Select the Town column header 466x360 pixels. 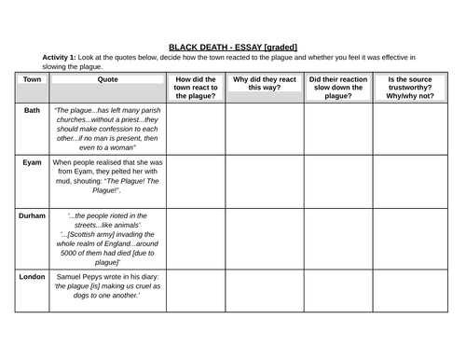tap(31, 80)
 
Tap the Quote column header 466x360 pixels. tap(108, 80)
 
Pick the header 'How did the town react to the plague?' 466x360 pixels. tap(196, 88)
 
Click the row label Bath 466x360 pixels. tap(31, 110)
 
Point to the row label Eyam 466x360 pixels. tap(31, 162)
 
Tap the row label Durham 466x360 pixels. tap(31, 215)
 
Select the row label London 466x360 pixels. tap(31, 277)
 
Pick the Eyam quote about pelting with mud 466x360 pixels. tap(108, 175)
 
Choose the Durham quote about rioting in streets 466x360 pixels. tap(108, 239)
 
